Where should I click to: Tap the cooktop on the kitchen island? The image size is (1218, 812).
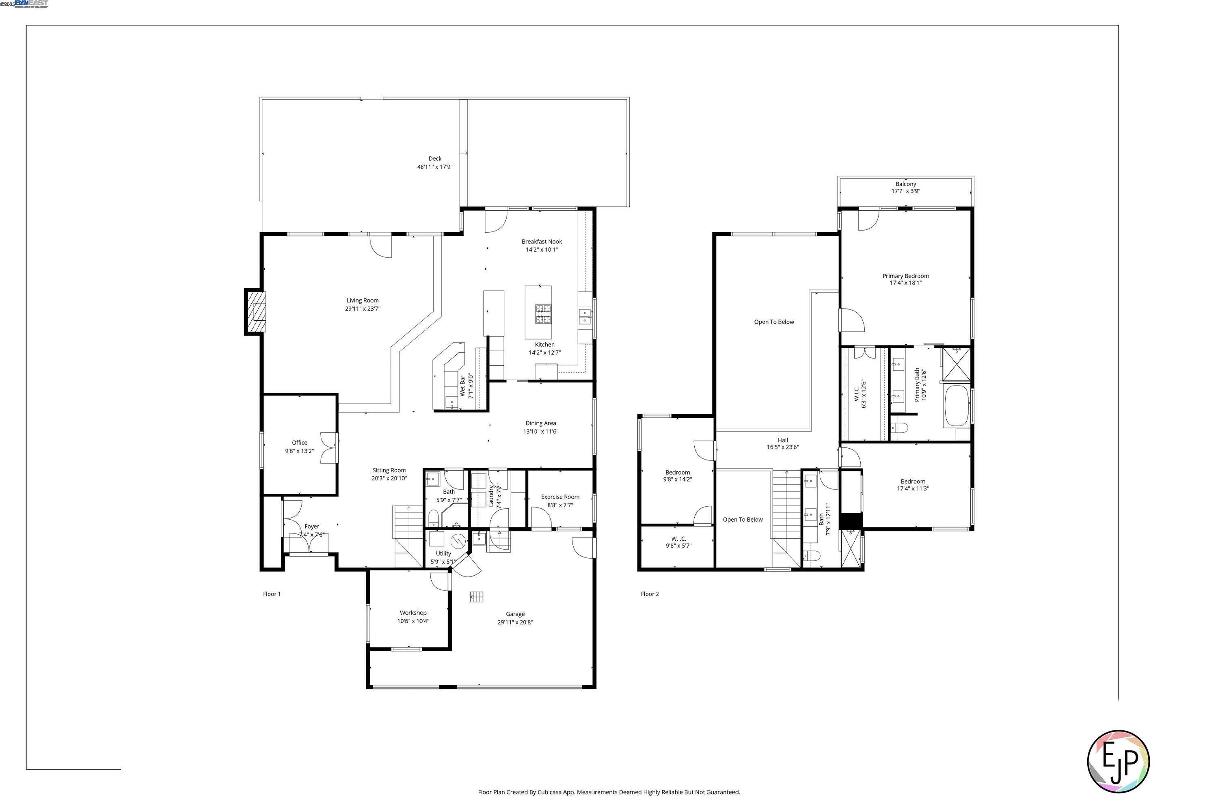click(x=543, y=314)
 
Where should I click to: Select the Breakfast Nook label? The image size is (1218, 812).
click(x=541, y=241)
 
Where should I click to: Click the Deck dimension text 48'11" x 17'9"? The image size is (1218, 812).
click(x=435, y=167)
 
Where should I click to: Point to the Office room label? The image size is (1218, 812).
click(x=299, y=443)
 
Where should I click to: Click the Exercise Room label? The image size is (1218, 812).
click(x=560, y=497)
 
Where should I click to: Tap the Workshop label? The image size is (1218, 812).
click(x=413, y=613)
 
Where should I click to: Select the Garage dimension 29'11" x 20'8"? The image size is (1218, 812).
click(x=515, y=622)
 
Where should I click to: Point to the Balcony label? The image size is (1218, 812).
click(x=906, y=184)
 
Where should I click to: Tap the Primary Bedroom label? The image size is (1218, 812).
click(x=905, y=276)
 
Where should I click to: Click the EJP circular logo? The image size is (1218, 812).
click(x=1118, y=761)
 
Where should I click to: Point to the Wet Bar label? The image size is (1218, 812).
click(x=462, y=386)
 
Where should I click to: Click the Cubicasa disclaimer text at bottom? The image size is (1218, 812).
click(x=609, y=792)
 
